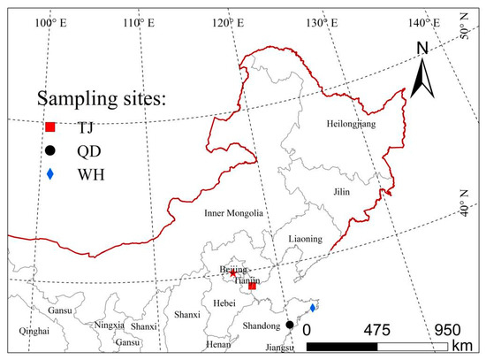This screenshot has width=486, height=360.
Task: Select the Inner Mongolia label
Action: click(x=233, y=213)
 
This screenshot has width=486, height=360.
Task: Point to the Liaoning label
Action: click(x=306, y=240)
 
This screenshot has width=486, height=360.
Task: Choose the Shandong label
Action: click(x=261, y=326)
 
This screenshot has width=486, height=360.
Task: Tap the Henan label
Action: click(x=217, y=343)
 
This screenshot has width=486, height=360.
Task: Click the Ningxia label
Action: click(x=109, y=325)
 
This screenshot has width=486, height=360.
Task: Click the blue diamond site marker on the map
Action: click(x=313, y=308)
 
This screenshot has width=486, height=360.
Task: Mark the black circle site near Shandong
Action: click(x=289, y=326)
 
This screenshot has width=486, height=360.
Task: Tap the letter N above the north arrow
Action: click(x=422, y=48)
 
